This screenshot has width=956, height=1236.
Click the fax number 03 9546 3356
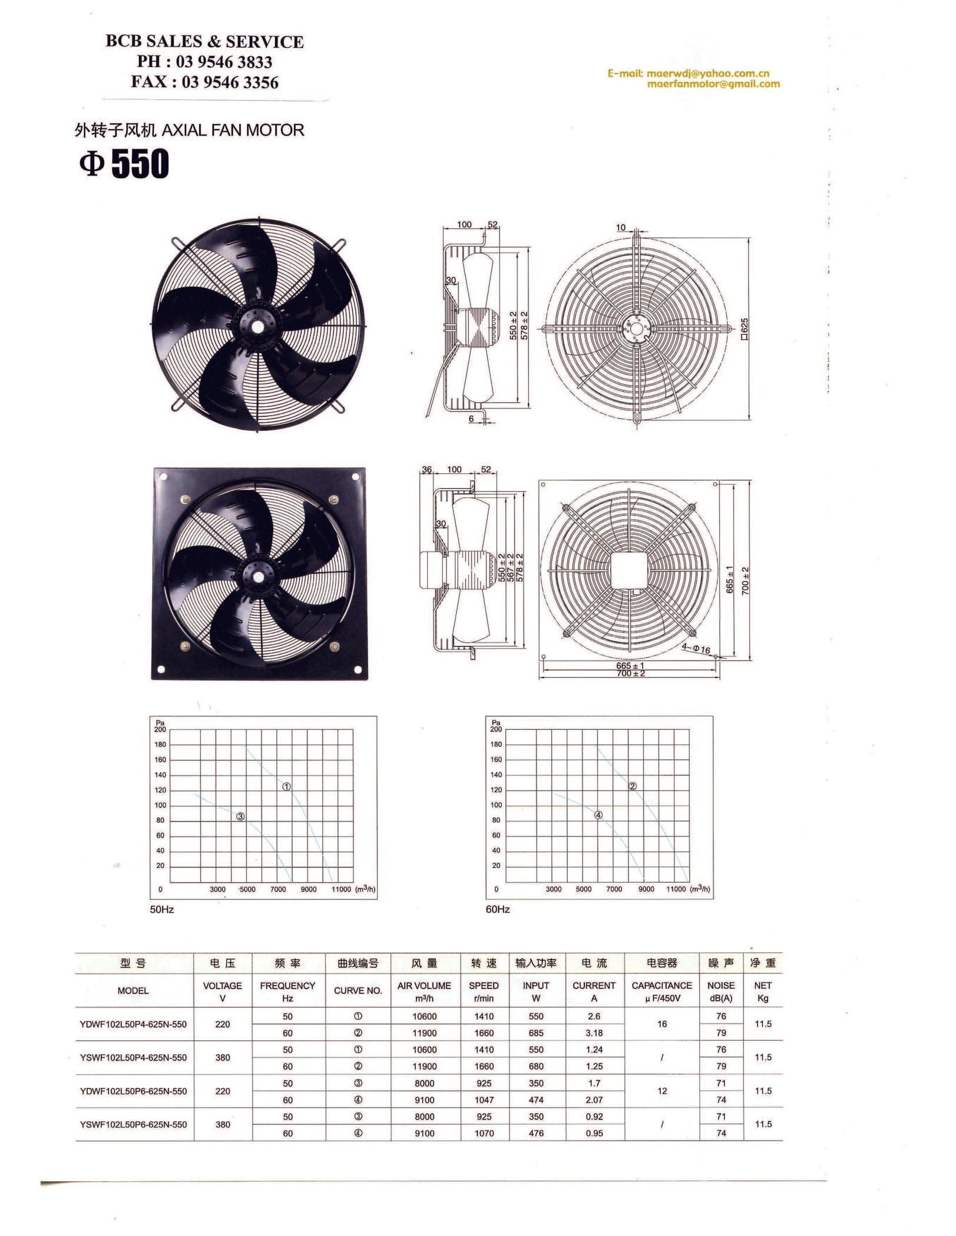coord(230,82)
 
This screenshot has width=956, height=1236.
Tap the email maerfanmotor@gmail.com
coord(713,84)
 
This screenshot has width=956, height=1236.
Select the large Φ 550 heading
coord(124,164)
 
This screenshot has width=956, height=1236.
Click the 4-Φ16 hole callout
coord(696,649)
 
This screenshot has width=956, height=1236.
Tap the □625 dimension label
coord(744,330)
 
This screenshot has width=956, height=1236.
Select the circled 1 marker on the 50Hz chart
coord(286,786)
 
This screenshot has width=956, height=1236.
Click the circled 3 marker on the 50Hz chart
coord(240,816)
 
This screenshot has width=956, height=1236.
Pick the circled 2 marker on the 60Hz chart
coord(633,786)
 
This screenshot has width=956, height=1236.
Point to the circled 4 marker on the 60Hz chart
coord(598,815)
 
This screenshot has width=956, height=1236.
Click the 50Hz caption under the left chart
coord(162,909)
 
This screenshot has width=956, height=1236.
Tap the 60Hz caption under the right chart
coord(498,909)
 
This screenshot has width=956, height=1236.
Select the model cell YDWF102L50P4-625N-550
coord(133,1024)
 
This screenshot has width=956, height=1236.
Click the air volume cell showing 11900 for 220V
coord(424,1033)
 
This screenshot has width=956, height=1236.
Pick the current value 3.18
coord(594,1033)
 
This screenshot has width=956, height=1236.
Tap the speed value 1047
coord(484,1099)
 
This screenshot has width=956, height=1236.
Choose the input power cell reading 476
coord(536,1133)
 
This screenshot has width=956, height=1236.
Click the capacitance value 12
coord(662,1091)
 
